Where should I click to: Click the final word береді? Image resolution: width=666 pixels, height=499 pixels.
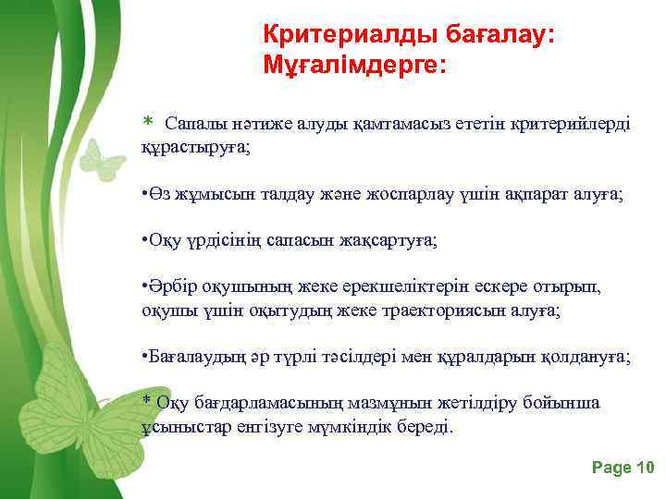point(425,427)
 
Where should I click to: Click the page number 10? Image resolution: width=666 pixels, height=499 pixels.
point(644,468)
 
